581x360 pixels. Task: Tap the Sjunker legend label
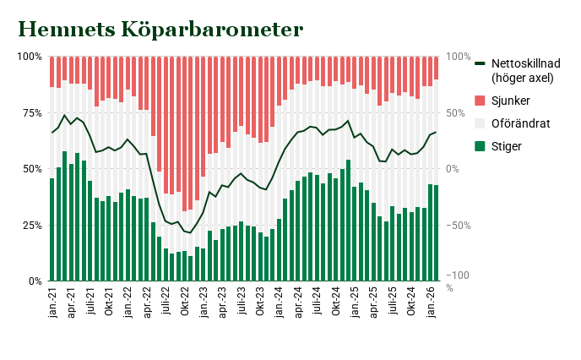point(511,101)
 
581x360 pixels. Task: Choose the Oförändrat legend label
point(520,123)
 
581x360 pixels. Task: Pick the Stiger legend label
point(507,146)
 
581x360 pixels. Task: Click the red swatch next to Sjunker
point(481,101)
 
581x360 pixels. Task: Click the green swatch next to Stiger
point(481,146)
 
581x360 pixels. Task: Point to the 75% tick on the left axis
point(31,112)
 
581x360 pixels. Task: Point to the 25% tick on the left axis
point(31,225)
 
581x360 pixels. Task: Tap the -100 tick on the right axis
point(460,276)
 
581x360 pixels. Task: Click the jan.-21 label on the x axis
point(52,303)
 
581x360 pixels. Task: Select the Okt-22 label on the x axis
point(184,303)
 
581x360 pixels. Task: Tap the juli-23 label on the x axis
point(242,303)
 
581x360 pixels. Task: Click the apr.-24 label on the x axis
point(298,303)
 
